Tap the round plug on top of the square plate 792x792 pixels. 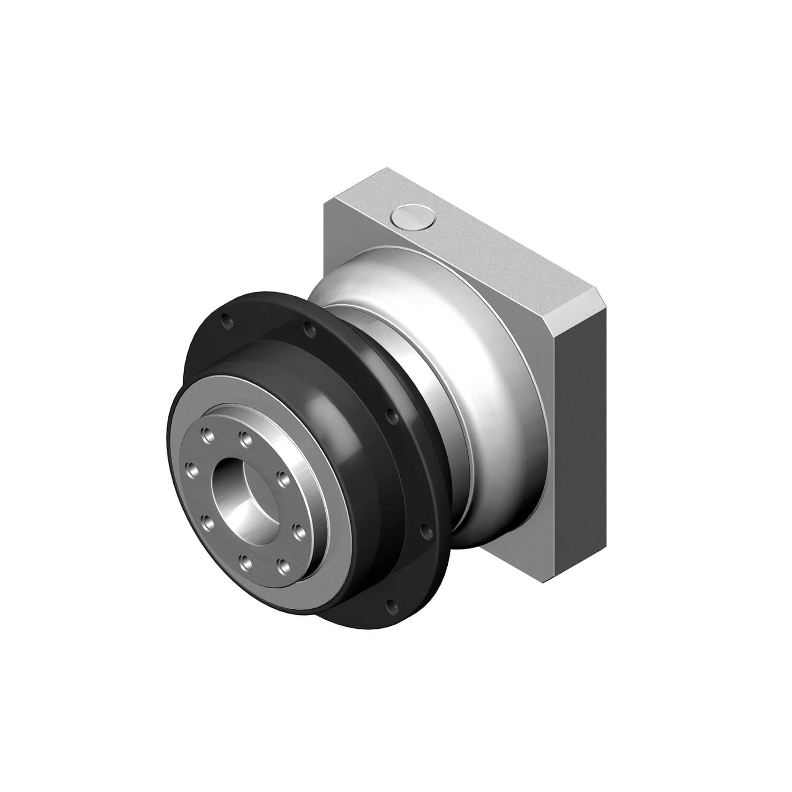point(412,218)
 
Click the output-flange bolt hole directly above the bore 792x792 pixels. point(243,437)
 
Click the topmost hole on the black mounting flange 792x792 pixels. point(226,320)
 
